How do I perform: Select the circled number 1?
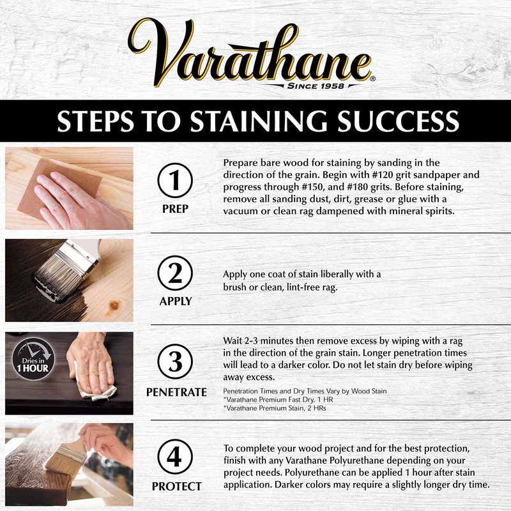tap(175, 182)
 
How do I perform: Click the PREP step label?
tap(175, 209)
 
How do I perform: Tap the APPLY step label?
tap(175, 301)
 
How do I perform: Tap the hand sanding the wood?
tap(70, 195)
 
